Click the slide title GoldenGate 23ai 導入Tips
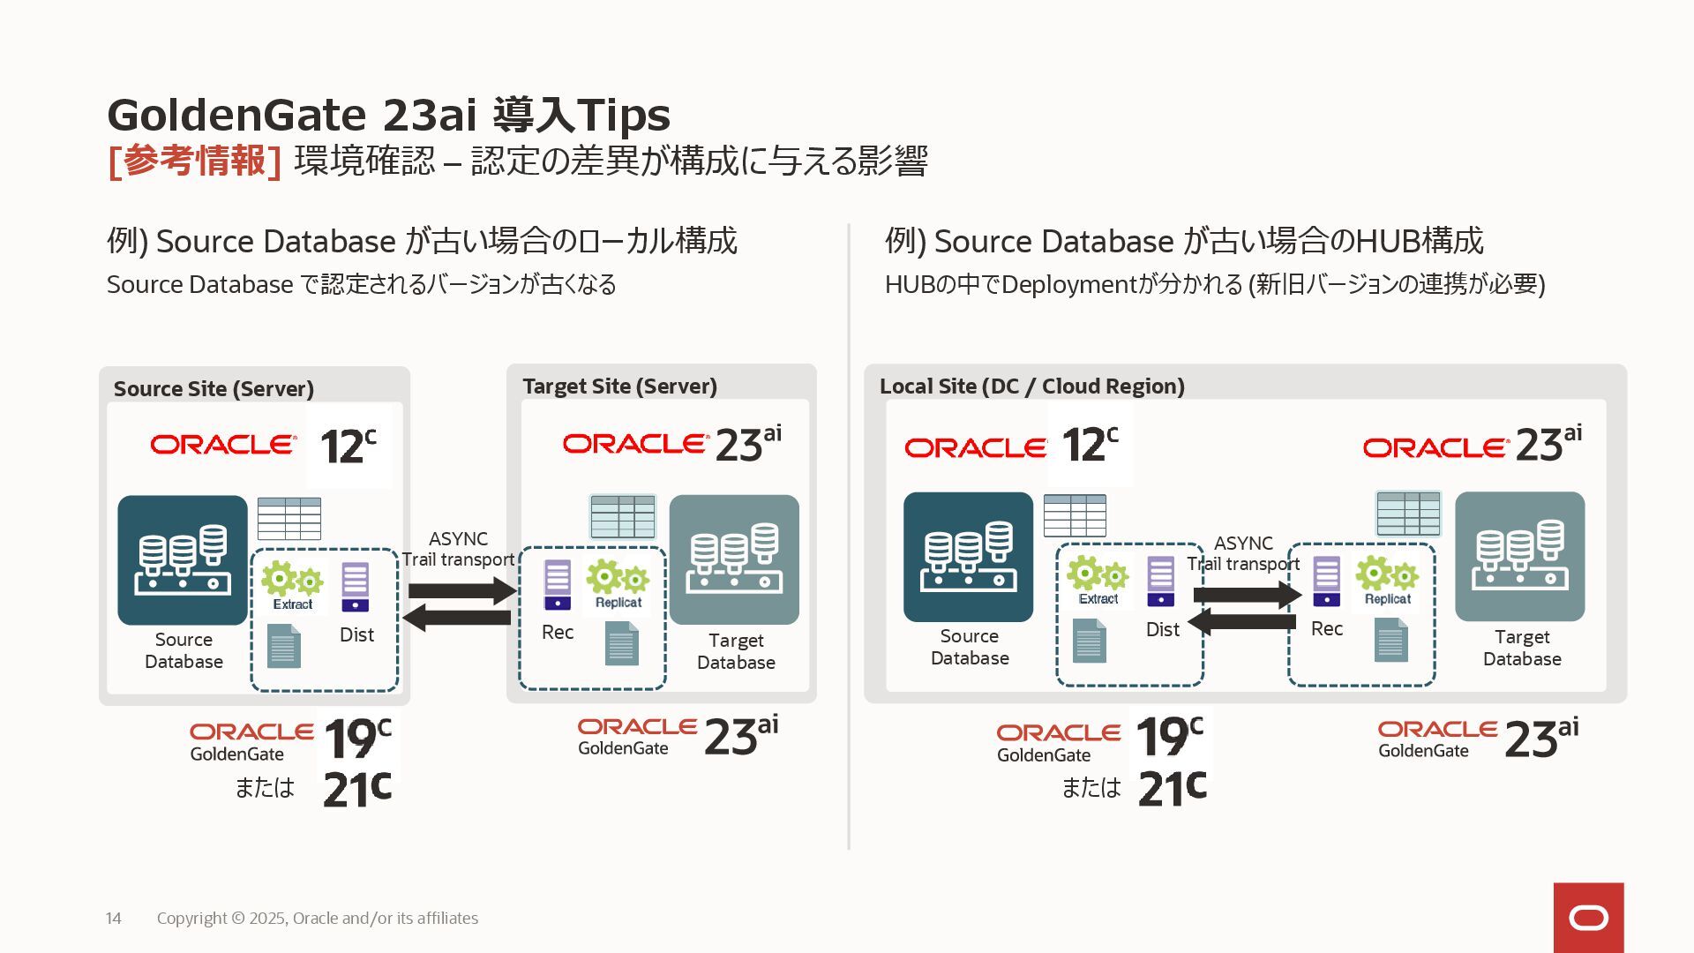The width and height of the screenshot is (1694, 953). (x=388, y=115)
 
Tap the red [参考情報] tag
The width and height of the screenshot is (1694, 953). (x=194, y=161)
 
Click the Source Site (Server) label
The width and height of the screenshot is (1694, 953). (x=214, y=389)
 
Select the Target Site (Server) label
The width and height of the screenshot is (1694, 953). (x=619, y=386)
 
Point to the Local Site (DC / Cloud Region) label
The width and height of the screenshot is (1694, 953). (x=1031, y=386)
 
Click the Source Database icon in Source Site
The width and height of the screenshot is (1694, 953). (x=183, y=559)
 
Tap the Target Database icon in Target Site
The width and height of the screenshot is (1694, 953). (x=734, y=559)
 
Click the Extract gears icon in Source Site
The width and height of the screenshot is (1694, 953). (x=292, y=580)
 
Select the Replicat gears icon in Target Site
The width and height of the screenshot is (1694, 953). (x=618, y=578)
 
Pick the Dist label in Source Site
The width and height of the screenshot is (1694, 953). (x=356, y=634)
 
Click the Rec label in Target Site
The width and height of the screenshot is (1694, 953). (x=558, y=632)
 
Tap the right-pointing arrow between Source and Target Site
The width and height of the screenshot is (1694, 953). (x=461, y=590)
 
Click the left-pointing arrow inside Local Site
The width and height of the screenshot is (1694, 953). (x=1242, y=622)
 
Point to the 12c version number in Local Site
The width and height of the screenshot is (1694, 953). (x=1090, y=445)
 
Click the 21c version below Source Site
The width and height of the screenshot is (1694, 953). (x=356, y=788)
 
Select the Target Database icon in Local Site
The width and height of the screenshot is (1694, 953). (x=1519, y=556)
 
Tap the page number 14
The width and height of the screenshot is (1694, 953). (x=114, y=919)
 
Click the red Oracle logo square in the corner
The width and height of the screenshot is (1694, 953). (x=1588, y=918)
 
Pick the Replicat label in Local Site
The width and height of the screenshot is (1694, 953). (x=1387, y=599)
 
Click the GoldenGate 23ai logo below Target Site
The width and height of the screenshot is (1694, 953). (x=678, y=736)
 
